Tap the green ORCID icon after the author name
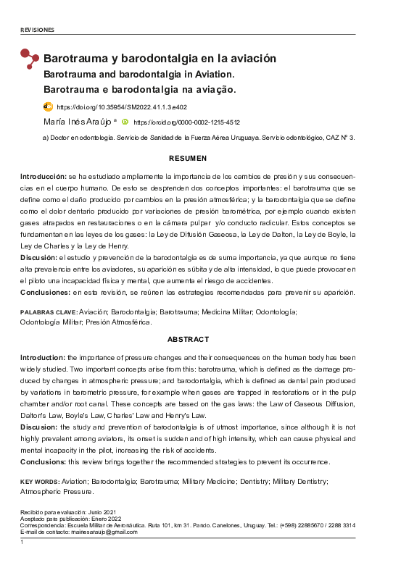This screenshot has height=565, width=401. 125,122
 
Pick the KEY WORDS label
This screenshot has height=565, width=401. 40,482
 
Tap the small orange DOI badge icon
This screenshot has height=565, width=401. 49,106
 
